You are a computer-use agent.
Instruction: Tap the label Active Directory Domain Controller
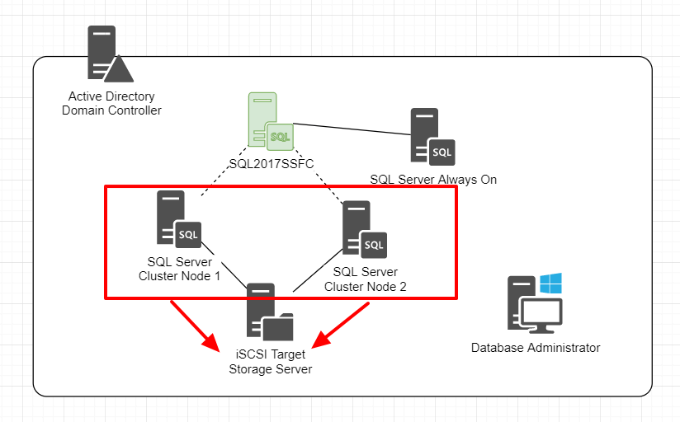click(x=112, y=104)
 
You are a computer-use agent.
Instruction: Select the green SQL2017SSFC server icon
click(x=270, y=121)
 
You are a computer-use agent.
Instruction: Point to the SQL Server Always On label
click(x=433, y=179)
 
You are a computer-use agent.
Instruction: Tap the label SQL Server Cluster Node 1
click(x=179, y=269)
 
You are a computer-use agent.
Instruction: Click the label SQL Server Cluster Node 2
click(x=366, y=279)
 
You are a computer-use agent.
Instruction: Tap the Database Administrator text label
click(x=536, y=348)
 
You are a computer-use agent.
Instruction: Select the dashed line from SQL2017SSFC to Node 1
click(x=223, y=176)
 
